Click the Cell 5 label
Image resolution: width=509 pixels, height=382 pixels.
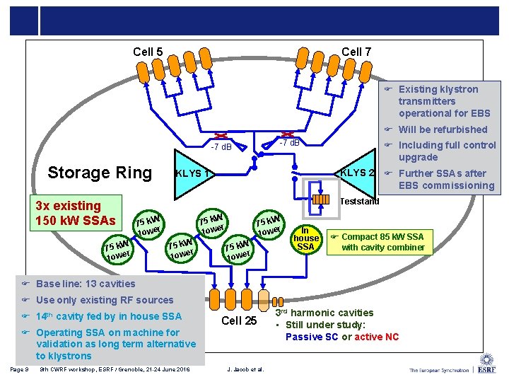pos(148,52)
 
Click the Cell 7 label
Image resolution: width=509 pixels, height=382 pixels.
pos(356,52)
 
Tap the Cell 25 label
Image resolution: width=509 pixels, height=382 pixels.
pos(239,320)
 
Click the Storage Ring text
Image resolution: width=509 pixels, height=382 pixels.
pos(99,173)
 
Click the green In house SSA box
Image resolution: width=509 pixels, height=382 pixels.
pos(305,238)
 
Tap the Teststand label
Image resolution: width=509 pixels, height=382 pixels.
pos(359,202)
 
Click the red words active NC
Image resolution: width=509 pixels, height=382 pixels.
pos(376,337)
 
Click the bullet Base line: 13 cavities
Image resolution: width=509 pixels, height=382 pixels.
pos(76,284)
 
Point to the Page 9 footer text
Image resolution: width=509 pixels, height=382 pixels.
pos(20,369)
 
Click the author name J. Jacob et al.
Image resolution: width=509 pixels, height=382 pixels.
pos(245,369)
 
